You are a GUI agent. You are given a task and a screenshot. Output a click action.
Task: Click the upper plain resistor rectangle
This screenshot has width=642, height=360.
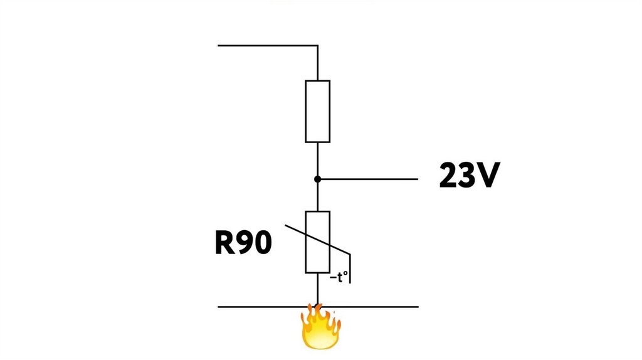click(x=317, y=111)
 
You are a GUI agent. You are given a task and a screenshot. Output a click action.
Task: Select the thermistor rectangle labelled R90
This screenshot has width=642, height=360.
click(x=317, y=242)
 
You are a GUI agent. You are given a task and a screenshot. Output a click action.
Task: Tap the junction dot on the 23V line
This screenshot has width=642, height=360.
click(x=317, y=179)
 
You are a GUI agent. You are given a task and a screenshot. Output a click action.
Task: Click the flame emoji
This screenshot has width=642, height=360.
click(x=320, y=327)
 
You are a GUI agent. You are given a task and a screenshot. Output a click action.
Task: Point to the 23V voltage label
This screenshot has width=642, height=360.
click(x=469, y=176)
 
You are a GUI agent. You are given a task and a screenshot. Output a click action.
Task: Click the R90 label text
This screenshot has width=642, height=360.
click(x=243, y=243)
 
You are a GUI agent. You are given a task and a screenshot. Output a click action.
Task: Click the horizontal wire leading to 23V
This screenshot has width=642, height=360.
click(x=370, y=179)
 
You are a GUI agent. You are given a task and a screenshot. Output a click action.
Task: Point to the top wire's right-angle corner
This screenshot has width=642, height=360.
click(x=317, y=45)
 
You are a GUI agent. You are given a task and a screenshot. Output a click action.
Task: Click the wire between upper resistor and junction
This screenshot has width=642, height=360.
click(x=317, y=160)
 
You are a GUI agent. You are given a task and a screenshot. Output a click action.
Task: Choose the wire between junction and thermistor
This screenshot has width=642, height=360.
click(x=317, y=196)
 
